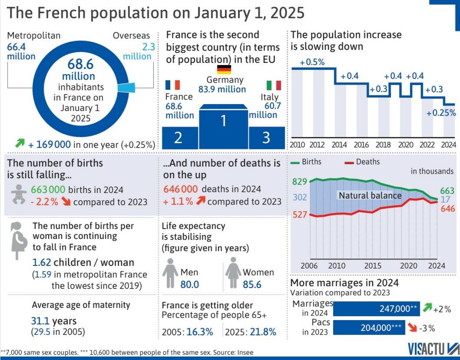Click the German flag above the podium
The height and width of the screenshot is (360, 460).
pos(224,69)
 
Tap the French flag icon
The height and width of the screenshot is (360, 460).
pos(172,85)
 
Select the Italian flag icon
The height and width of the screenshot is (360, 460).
pos(273,85)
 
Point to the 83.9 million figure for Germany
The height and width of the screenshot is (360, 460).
pos(222,89)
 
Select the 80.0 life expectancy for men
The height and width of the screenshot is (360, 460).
pos(190,284)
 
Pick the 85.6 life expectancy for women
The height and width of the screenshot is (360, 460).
pos(252,284)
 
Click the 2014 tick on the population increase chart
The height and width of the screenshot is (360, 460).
pos(339,145)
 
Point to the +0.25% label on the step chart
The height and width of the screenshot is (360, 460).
pos(442,113)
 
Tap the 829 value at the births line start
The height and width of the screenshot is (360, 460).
pos(300,182)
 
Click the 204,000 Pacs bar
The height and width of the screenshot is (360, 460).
pos(369,328)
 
